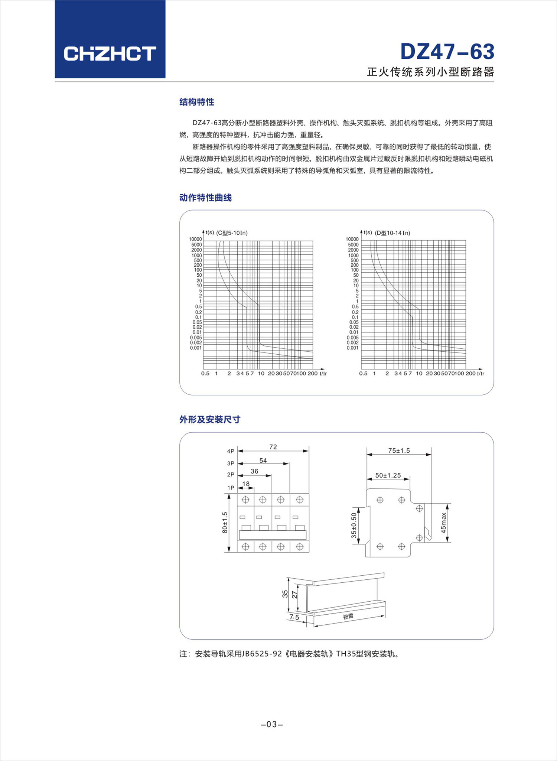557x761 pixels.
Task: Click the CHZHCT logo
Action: (110, 54)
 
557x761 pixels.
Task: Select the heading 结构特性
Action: (197, 102)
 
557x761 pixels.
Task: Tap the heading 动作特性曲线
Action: (205, 198)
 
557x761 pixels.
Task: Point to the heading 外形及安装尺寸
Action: (210, 419)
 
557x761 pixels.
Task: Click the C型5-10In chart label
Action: (232, 233)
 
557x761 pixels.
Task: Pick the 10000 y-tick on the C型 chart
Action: (195, 239)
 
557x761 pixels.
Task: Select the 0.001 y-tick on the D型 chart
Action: (352, 348)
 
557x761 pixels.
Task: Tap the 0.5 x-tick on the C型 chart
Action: (205, 373)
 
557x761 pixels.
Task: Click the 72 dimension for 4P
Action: (273, 447)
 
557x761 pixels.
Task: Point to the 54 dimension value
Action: (263, 461)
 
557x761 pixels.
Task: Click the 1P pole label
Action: (231, 488)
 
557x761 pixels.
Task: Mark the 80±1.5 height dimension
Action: (225, 523)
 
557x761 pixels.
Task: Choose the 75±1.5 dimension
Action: (399, 451)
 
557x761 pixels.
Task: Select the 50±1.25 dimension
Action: (388, 475)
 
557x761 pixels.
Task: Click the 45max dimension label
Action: (443, 523)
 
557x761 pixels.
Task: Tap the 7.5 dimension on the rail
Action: (294, 617)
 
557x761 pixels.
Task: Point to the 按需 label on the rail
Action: (348, 617)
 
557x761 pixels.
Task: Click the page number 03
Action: (272, 724)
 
